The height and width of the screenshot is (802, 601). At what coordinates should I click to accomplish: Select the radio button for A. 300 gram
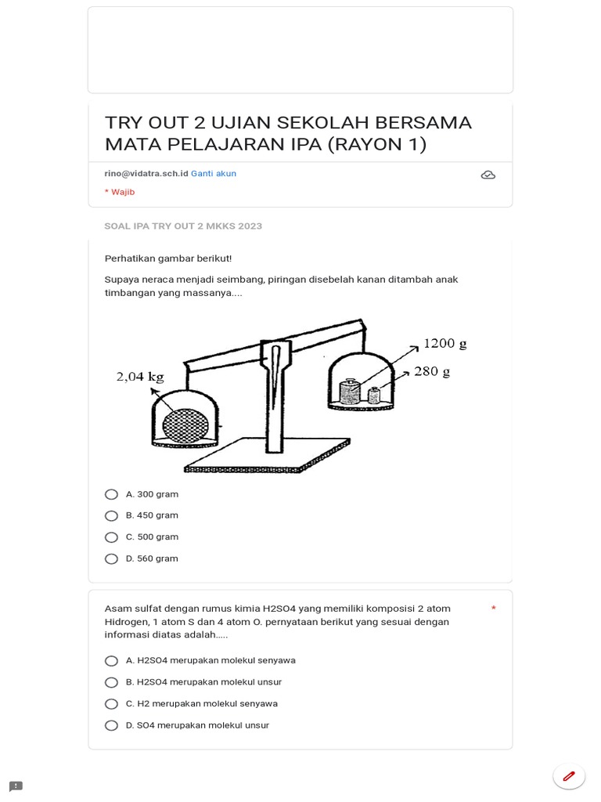point(111,494)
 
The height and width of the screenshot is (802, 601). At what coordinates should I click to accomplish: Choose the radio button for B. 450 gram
point(111,515)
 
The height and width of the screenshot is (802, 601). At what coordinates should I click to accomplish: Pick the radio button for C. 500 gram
point(111,537)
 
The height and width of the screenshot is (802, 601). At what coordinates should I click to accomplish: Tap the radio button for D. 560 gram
point(111,558)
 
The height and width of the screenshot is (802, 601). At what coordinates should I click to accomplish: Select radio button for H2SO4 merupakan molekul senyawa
point(111,661)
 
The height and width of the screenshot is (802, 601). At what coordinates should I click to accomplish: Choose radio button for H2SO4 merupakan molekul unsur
point(111,682)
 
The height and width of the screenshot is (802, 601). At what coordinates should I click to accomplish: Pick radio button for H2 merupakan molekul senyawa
point(111,704)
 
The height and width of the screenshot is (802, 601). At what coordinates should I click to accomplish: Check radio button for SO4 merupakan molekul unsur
point(111,725)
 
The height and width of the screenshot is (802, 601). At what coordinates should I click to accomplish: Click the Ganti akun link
point(214,174)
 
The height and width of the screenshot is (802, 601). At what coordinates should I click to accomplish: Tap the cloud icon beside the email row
point(488,175)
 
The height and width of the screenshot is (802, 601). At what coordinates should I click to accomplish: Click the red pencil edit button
point(569,776)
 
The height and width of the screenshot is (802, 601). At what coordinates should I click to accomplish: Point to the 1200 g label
point(444,343)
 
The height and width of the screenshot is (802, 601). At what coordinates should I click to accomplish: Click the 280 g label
point(432,371)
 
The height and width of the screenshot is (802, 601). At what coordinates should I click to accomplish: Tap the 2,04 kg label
point(140,377)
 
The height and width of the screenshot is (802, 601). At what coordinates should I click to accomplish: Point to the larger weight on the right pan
point(350,392)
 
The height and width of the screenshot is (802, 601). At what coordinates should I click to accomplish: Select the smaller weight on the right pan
point(374,396)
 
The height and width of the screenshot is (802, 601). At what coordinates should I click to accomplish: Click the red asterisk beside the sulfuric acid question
point(494,609)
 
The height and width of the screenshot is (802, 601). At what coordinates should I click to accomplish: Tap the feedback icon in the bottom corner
point(16,786)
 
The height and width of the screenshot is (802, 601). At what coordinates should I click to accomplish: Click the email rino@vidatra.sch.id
point(146,174)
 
